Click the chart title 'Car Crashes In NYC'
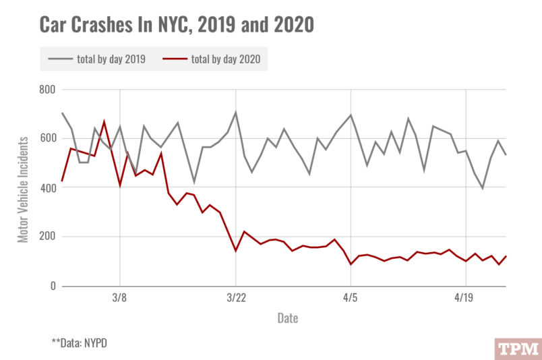177,25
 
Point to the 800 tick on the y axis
47,90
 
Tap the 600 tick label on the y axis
47,139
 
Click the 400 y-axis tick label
47,188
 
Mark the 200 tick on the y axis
47,237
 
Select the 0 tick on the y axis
52,287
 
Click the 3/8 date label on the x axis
119,298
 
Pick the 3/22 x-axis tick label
235,298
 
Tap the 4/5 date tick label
351,298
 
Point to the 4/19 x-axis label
466,298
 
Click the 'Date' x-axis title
288,318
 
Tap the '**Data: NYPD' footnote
79,342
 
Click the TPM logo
517,349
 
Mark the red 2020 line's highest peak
104,121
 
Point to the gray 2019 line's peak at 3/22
235,112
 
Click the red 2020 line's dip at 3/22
235,251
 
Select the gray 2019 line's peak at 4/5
351,115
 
